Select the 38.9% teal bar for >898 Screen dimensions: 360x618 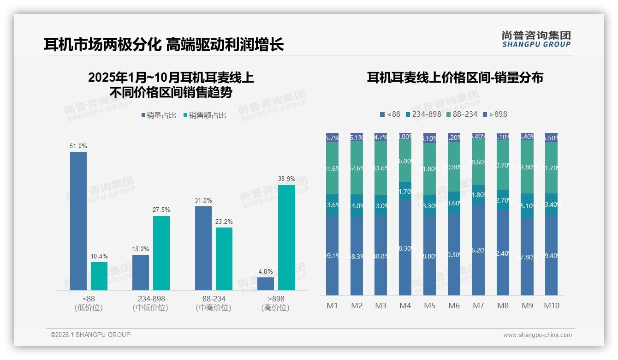(286, 237)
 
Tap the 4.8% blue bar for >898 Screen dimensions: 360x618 (266, 283)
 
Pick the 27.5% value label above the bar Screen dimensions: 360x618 (161, 210)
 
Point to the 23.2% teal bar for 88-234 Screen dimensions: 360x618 (224, 258)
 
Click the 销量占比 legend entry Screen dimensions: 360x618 (159, 115)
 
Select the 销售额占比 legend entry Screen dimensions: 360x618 (205, 115)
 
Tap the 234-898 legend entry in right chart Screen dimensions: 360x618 (423, 114)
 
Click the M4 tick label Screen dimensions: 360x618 (405, 306)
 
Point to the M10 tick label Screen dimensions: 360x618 (551, 306)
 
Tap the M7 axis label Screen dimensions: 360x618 (478, 306)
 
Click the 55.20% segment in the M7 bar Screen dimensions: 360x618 (478, 250)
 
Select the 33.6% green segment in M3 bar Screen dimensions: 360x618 (380, 168)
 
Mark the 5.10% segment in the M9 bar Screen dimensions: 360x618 (527, 205)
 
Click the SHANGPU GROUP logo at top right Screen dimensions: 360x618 (536, 39)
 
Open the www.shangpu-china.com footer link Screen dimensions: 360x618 (537, 335)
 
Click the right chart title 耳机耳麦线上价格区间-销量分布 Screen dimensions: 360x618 (455, 78)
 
